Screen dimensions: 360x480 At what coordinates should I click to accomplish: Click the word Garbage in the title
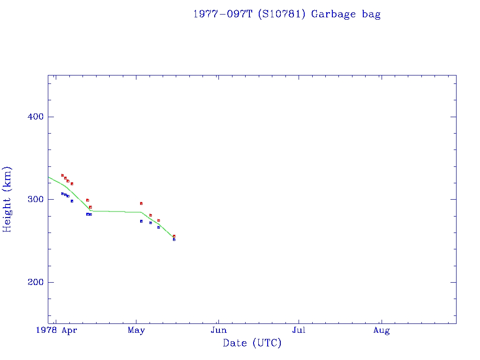pyautogui.click(x=334, y=15)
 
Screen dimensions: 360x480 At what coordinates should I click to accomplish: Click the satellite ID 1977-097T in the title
pyautogui.click(x=223, y=14)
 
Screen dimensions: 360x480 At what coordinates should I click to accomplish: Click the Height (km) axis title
pyautogui.click(x=7, y=199)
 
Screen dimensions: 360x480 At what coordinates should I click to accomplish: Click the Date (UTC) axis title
pyautogui.click(x=252, y=344)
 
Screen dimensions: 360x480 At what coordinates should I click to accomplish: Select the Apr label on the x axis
pyautogui.click(x=69, y=330)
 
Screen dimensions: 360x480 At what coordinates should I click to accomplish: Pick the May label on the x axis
pyautogui.click(x=136, y=330)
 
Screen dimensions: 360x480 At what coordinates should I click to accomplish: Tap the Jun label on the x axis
pyautogui.click(x=218, y=330)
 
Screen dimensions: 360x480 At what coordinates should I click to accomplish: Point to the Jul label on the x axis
pyautogui.click(x=299, y=330)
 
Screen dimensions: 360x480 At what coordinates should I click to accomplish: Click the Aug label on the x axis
pyautogui.click(x=382, y=330)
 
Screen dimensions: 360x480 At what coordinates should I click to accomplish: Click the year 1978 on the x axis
pyautogui.click(x=49, y=330)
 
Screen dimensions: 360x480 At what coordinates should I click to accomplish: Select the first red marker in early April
pyautogui.click(x=62, y=175)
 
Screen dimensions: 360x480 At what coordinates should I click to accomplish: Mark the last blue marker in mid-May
pyautogui.click(x=174, y=240)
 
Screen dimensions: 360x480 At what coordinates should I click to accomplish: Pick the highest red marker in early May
pyautogui.click(x=141, y=203)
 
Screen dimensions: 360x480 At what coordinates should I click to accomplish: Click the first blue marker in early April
pyautogui.click(x=62, y=194)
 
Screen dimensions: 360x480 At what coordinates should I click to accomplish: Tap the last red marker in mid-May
pyautogui.click(x=174, y=236)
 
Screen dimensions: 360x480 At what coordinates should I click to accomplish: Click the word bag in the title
pyautogui.click(x=371, y=15)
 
